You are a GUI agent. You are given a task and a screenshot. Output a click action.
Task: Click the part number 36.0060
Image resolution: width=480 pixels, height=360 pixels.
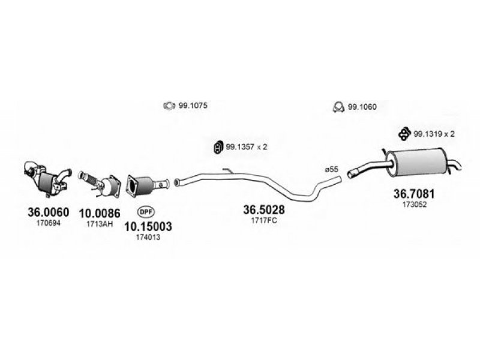[x=49, y=212]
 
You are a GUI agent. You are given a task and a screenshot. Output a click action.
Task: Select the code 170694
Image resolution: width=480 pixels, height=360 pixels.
[x=49, y=223]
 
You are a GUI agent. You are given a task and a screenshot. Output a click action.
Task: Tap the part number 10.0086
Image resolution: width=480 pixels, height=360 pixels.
[x=100, y=212]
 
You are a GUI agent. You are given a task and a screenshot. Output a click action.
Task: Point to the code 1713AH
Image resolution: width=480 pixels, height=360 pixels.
[x=100, y=223]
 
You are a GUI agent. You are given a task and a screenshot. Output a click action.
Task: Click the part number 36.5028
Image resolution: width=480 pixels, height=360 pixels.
[x=263, y=209]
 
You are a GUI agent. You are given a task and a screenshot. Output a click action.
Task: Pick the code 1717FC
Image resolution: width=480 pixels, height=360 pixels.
[x=263, y=220]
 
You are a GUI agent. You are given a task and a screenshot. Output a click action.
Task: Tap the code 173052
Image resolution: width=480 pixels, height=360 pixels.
[x=413, y=205]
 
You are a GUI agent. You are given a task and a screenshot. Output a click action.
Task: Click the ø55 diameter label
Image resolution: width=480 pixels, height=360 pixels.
[x=332, y=169]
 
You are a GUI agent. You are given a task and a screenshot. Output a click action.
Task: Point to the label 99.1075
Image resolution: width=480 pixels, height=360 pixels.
[x=193, y=106]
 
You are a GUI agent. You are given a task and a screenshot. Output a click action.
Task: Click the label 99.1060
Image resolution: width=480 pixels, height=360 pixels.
[x=362, y=107]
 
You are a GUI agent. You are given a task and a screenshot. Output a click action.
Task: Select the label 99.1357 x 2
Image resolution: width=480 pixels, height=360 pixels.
[x=246, y=146]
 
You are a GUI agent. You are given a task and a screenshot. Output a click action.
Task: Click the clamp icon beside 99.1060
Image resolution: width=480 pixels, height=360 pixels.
[x=337, y=107]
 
